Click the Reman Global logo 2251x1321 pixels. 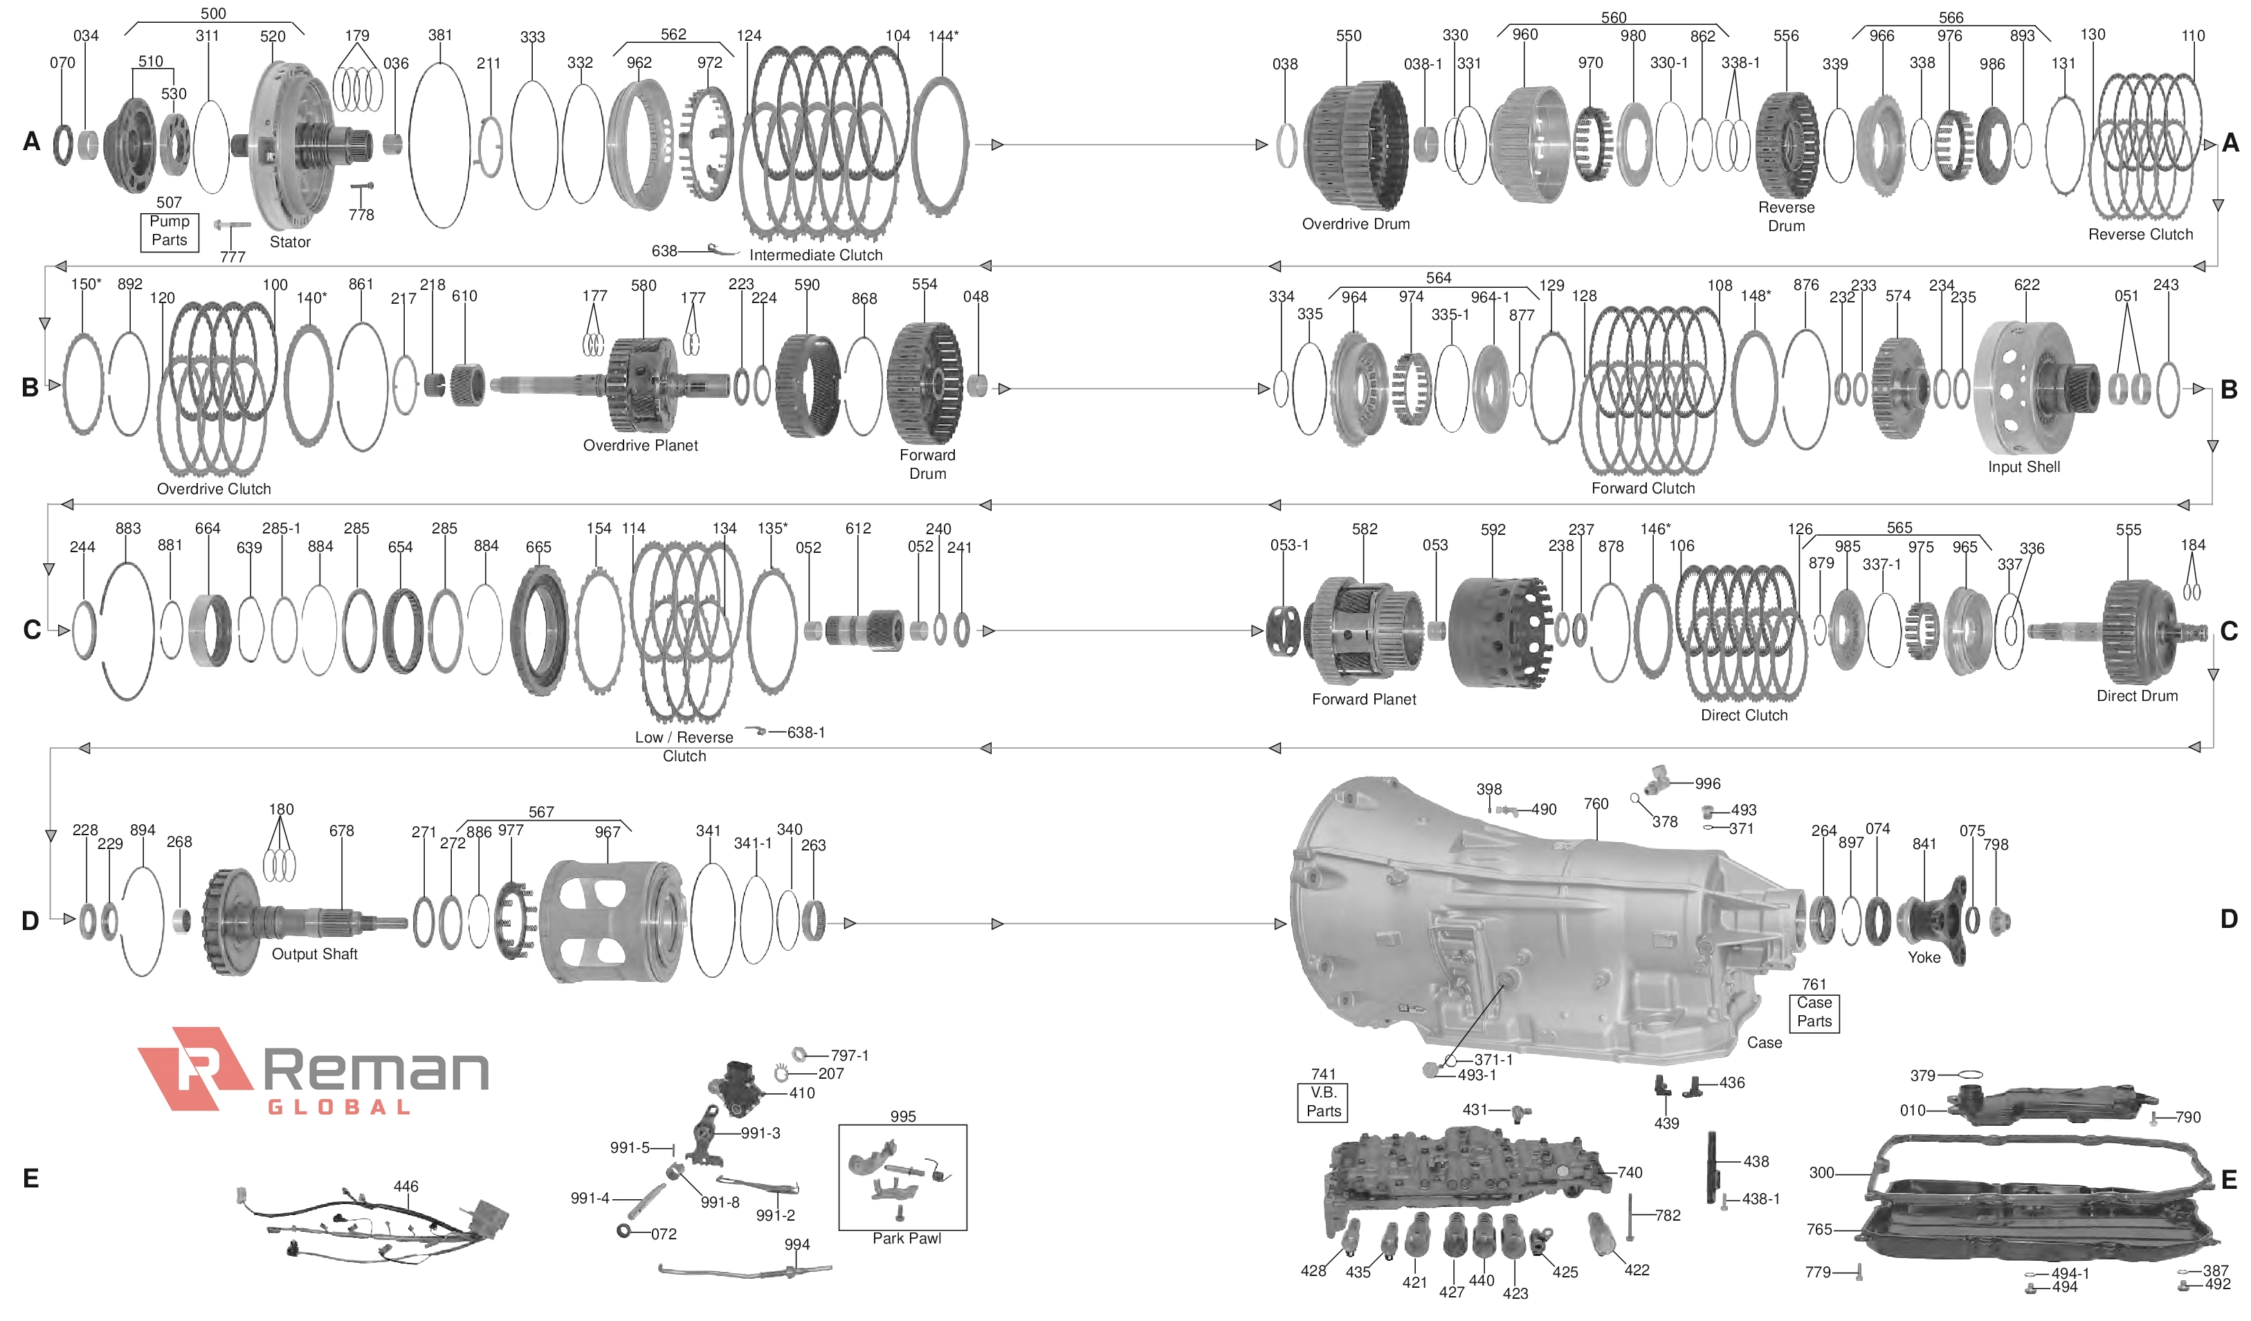(313, 1070)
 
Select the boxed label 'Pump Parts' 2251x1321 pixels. (169, 230)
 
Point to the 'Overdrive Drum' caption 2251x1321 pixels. (1355, 224)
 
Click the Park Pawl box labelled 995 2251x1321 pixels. (902, 1176)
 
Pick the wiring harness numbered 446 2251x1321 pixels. (375, 1223)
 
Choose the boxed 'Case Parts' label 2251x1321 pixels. (1814, 1012)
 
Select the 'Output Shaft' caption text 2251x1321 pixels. (314, 954)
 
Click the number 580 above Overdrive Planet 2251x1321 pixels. (643, 286)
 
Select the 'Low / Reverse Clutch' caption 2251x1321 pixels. (684, 747)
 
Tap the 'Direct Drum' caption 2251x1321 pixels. (2137, 695)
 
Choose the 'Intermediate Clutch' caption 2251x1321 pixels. (816, 255)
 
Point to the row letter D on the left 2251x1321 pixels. (30, 921)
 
